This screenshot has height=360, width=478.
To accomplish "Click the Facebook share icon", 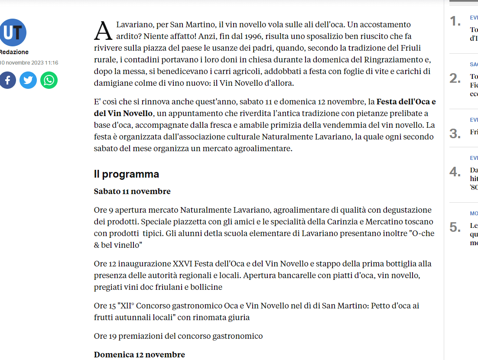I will [x=7, y=80].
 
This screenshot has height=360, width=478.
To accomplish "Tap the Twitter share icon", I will [x=28, y=80].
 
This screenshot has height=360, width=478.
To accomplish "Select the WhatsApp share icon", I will [x=49, y=80].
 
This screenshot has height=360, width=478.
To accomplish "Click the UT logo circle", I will [x=13, y=32].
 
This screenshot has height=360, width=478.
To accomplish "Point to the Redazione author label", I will [x=14, y=52].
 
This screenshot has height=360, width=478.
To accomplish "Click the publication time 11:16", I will [x=51, y=63].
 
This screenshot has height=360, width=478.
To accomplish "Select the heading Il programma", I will [x=127, y=174].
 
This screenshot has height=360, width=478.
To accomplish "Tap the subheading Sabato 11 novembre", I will [x=132, y=191].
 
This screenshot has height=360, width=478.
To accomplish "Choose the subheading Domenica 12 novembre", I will [x=139, y=354].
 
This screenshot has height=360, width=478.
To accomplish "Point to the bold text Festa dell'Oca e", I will [x=406, y=102].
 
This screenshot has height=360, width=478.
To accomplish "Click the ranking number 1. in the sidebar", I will [x=455, y=21].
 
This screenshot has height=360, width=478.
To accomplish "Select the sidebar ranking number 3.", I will [x=455, y=133].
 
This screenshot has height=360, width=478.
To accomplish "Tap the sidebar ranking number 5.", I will [x=455, y=227].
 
